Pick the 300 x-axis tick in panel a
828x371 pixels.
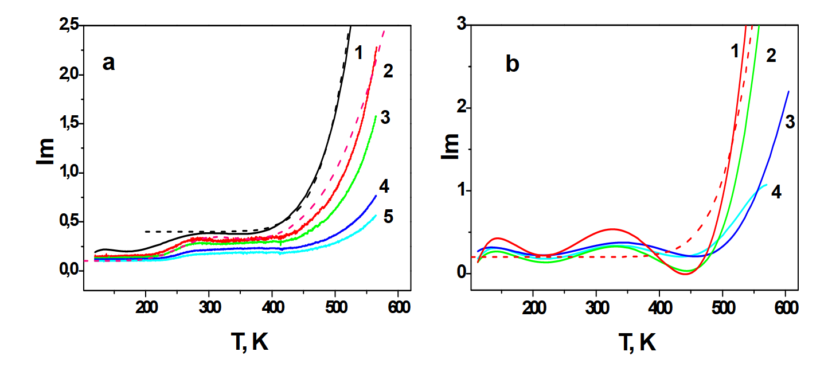(209, 307)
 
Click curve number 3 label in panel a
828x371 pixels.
(385, 118)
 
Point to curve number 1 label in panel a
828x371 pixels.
(358, 53)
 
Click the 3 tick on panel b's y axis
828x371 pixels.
(459, 25)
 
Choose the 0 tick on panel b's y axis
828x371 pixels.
(459, 273)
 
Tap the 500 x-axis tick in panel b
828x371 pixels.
(723, 307)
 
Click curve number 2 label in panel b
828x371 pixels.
(771, 56)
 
